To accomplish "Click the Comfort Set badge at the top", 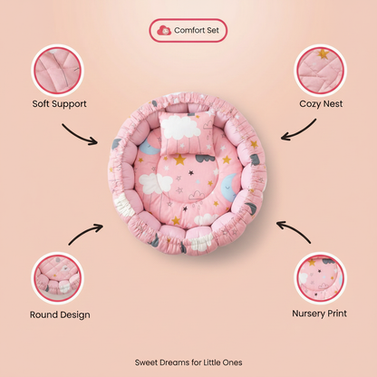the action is coord(188,30).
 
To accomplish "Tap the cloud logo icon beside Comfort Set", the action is coord(164,30).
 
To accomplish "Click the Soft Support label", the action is coord(59,104).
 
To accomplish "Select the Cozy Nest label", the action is coord(321,104).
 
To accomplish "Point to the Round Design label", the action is coord(60,314).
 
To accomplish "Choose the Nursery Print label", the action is coord(319,314).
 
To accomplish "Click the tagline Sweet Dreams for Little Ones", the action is coord(188,362).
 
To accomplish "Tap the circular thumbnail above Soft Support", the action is coord(57,71).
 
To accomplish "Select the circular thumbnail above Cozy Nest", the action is coord(320,71).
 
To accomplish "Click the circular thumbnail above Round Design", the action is coord(57,278).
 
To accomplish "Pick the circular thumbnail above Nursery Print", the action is coord(320,278).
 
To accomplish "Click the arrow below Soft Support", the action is coord(79,135).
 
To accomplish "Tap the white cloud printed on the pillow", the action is coord(180,127).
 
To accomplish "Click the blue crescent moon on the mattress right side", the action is coord(229,188).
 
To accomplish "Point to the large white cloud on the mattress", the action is coord(155,183).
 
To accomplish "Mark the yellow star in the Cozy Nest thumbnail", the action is coord(323,53).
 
